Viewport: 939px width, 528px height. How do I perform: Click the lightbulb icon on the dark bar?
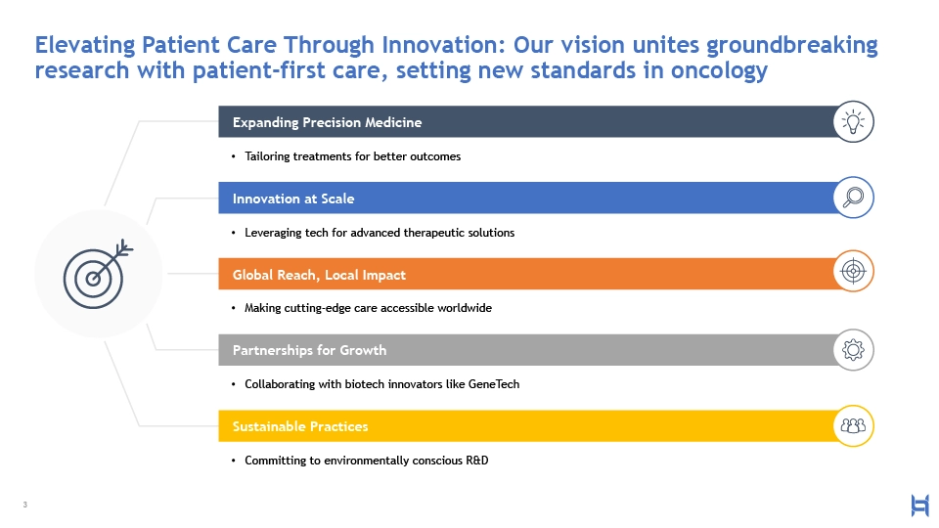(853, 121)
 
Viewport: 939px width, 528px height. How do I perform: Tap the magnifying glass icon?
(853, 198)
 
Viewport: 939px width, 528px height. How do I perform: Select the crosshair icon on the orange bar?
(853, 271)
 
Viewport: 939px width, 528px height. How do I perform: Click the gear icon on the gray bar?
(853, 350)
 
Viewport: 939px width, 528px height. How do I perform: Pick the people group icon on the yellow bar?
(853, 425)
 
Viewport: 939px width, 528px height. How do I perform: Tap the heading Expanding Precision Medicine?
(327, 122)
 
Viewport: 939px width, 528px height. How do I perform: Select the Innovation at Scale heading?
(293, 198)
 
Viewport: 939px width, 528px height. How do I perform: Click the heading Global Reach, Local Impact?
(319, 275)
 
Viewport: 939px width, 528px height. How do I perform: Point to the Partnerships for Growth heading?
(310, 350)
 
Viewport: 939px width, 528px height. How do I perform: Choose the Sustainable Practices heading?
(300, 426)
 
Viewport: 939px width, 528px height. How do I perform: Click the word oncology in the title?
(719, 70)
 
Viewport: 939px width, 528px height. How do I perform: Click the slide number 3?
(25, 505)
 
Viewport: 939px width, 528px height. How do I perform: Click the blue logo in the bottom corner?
(919, 506)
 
